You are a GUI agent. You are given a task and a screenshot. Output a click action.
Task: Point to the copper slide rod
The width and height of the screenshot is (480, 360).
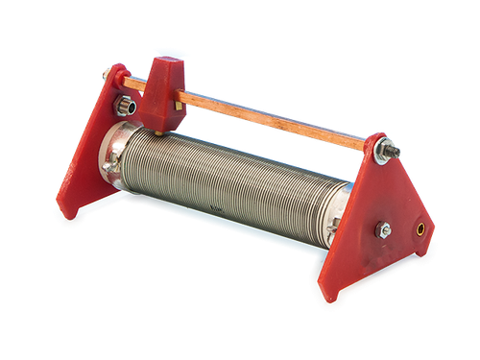pyautogui.click(x=278, y=116)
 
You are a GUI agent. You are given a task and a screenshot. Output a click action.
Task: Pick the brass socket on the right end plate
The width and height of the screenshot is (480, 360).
pyautogui.click(x=420, y=229)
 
